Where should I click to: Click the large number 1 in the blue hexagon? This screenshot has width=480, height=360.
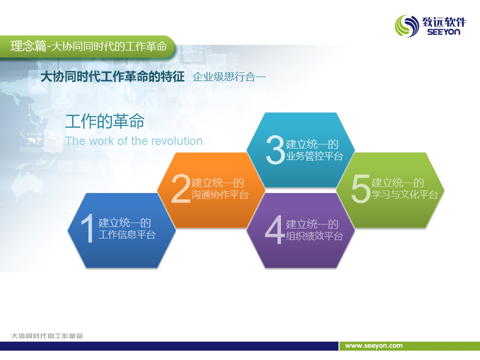(x=87, y=228)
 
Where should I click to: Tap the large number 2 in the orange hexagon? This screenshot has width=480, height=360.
(x=181, y=188)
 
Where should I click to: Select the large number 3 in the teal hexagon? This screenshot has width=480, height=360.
(x=275, y=149)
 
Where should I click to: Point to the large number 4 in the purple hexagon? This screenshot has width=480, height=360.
(x=275, y=229)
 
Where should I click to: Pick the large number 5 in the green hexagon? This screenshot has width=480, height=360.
(x=361, y=188)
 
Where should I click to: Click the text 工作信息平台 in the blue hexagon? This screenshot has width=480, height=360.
(x=127, y=235)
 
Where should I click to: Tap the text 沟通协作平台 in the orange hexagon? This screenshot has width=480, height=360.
(x=220, y=194)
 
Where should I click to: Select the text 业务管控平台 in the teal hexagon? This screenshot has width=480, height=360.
(x=314, y=156)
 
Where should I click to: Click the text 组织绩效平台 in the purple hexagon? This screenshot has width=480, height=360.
(x=314, y=236)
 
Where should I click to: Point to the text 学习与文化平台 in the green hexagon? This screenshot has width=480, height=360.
(x=404, y=194)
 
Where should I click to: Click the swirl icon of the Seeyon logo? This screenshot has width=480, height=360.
(x=407, y=26)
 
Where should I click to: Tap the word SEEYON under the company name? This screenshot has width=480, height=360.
(x=443, y=32)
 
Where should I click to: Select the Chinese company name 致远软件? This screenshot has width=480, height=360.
(x=444, y=21)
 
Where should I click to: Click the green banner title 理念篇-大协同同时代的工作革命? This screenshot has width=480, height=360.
(x=89, y=46)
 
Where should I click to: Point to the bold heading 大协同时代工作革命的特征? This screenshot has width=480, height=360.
(x=112, y=76)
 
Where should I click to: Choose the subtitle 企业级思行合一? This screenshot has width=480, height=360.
(x=229, y=77)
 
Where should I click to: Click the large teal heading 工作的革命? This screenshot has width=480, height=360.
(x=104, y=121)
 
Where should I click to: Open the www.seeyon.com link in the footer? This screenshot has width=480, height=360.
(x=374, y=346)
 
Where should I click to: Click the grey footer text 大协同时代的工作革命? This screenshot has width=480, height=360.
(x=47, y=336)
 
